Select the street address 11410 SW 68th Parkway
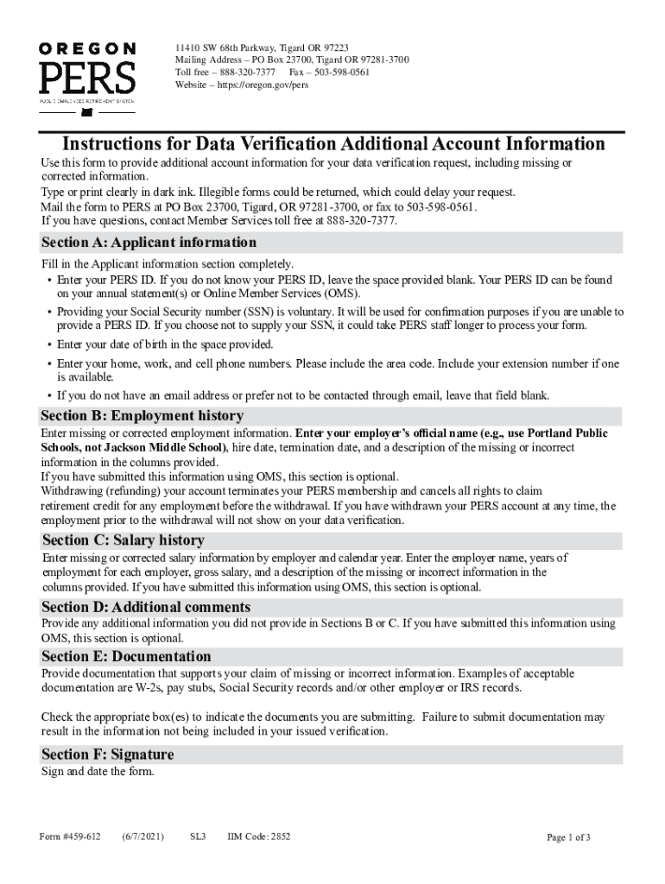227,47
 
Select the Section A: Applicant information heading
149,243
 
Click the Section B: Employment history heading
142,415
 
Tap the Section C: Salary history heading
123,540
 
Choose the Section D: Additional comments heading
146,607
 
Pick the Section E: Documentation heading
126,656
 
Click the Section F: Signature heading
108,755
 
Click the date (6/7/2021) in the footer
143,837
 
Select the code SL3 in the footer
198,837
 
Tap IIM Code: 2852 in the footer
259,837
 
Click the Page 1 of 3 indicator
569,837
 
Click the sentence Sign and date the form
98,772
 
